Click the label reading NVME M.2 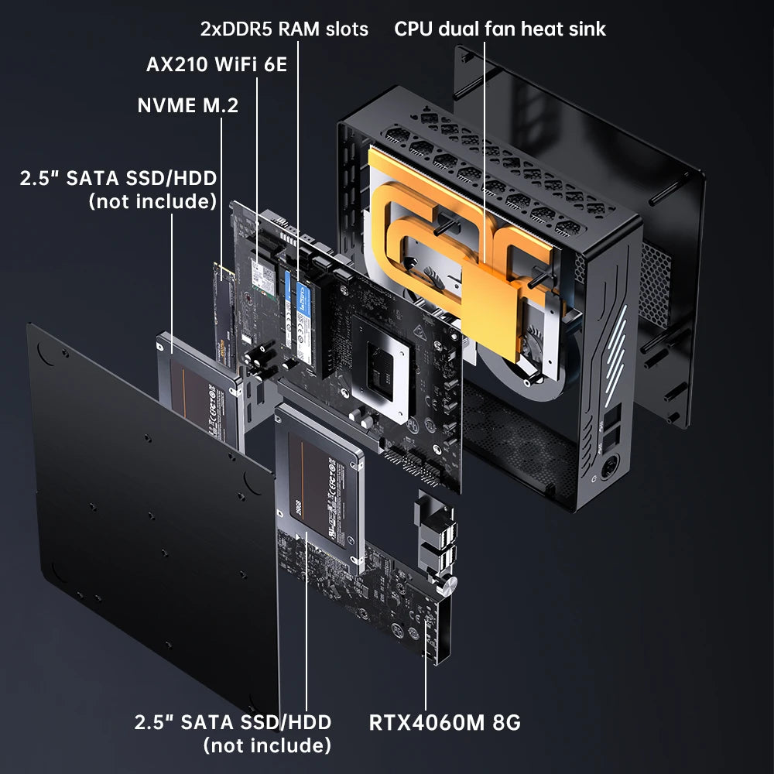pyautogui.click(x=188, y=105)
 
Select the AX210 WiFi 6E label pyautogui.click(x=217, y=64)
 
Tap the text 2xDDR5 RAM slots pyautogui.click(x=285, y=29)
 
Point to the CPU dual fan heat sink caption pyautogui.click(x=500, y=29)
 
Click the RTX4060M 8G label pyautogui.click(x=444, y=723)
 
